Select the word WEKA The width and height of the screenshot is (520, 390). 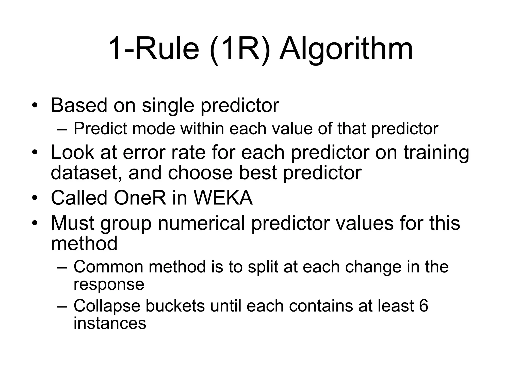pyautogui.click(x=223, y=198)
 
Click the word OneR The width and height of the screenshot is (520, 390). pyautogui.click(x=140, y=198)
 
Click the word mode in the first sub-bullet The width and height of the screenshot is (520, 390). pyautogui.click(x=154, y=128)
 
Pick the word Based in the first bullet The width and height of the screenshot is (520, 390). pyautogui.click(x=79, y=105)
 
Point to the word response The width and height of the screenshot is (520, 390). pyautogui.click(x=109, y=284)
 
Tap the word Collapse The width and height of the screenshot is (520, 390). pyautogui.click(x=107, y=306)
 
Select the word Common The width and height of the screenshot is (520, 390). pyautogui.click(x=108, y=267)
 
